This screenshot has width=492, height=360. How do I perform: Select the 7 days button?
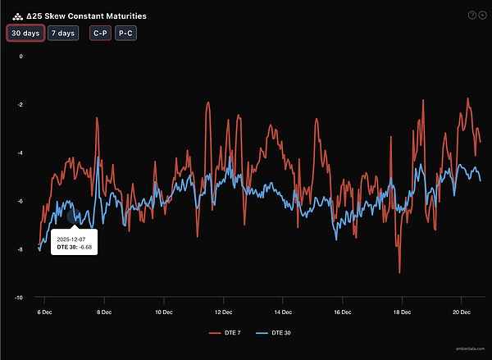click(62, 33)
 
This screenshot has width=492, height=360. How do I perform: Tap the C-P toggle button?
click(98, 33)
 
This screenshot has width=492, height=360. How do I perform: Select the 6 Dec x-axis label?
click(44, 312)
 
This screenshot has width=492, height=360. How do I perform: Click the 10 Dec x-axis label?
click(163, 312)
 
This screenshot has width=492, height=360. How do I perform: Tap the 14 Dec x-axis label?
click(282, 312)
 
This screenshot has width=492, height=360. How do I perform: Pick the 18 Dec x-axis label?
click(402, 312)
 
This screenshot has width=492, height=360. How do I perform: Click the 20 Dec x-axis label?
click(460, 312)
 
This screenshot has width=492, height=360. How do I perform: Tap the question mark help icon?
click(471, 15)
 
